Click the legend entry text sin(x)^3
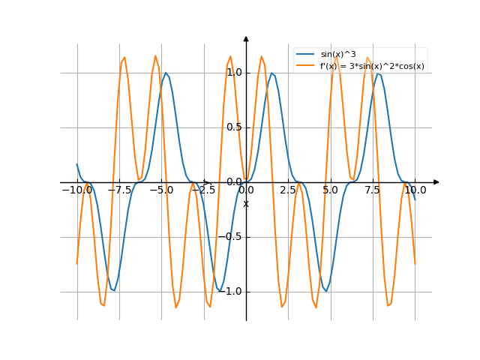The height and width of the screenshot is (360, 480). (338, 55)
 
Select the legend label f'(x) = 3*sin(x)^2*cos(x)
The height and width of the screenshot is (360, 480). (372, 66)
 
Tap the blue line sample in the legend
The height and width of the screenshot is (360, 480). (305, 55)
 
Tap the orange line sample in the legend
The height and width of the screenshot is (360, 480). (305, 66)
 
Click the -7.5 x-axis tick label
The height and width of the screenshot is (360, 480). (118, 190)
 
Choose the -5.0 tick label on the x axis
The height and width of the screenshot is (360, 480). (160, 190)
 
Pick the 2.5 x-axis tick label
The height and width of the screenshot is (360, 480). (288, 190)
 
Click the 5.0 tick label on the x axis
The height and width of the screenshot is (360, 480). (330, 190)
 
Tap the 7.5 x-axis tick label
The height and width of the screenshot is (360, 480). (373, 190)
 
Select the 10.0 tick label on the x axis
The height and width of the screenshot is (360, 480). (415, 190)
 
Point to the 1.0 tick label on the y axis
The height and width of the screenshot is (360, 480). (234, 73)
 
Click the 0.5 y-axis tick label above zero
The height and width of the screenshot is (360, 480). (234, 127)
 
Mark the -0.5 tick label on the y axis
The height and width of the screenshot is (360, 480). (234, 237)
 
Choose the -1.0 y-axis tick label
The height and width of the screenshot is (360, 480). (234, 292)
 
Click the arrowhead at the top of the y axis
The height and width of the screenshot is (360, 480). (246, 38)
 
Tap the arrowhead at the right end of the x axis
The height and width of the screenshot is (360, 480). (436, 182)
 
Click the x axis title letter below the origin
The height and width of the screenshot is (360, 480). (246, 204)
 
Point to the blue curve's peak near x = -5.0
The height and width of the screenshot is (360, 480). (166, 73)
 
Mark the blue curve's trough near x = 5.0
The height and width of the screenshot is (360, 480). (325, 290)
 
